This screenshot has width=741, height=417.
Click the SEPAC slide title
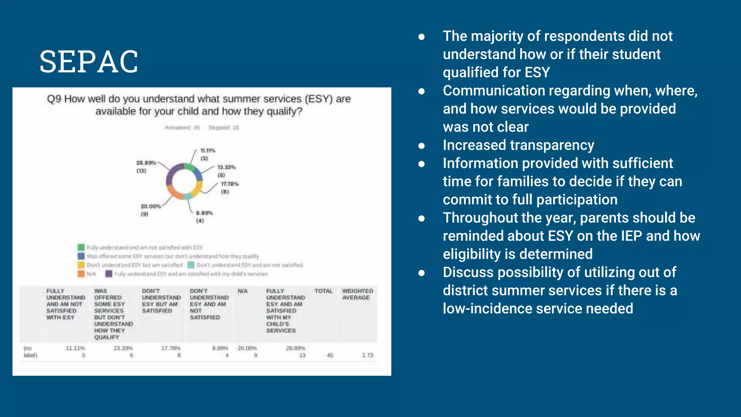coord(89,62)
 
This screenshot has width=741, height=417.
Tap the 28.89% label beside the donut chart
coord(146,163)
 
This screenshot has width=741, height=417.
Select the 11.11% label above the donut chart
coord(208,151)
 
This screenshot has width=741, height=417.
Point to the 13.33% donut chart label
coord(226,167)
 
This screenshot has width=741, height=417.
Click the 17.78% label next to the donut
coord(230,184)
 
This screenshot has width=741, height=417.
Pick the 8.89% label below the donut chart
coord(204,213)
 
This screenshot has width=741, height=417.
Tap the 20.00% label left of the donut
coord(151,206)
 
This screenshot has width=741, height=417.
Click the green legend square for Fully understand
coord(81,247)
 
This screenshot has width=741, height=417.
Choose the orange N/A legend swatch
coord(81,274)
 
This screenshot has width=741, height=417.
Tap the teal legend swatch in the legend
coord(191,265)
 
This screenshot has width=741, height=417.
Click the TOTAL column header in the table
coord(323,291)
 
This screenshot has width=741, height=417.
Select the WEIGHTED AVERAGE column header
coord(357,294)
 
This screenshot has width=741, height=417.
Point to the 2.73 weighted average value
coord(367,355)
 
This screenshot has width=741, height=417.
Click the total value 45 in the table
coord(330,355)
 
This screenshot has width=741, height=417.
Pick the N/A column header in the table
coord(242,291)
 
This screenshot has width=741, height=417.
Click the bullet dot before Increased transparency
coord(422,146)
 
